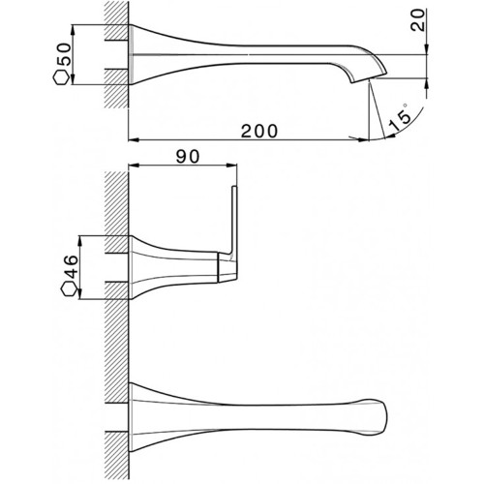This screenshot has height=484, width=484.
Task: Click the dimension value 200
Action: (x=259, y=131)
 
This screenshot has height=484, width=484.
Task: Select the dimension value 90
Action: (x=188, y=157)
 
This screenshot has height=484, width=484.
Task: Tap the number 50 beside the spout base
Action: (x=63, y=54)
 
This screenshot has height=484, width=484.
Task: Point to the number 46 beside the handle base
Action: (x=72, y=266)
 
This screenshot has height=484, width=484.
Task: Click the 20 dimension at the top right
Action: (x=417, y=19)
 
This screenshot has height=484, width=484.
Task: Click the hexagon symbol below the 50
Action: (x=61, y=77)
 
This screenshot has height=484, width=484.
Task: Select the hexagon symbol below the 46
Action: (x=70, y=288)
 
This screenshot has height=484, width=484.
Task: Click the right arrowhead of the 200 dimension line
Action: (x=364, y=140)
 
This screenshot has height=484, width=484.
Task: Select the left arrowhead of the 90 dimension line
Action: (x=134, y=166)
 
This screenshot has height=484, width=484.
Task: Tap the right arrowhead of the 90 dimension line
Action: (x=231, y=166)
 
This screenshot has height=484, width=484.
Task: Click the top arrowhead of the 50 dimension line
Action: (x=73, y=30)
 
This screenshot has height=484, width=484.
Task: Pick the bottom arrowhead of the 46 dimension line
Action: (x=80, y=294)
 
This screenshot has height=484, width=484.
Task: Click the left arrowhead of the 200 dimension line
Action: (x=134, y=140)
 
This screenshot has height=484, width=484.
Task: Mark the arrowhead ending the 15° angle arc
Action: (x=390, y=136)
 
